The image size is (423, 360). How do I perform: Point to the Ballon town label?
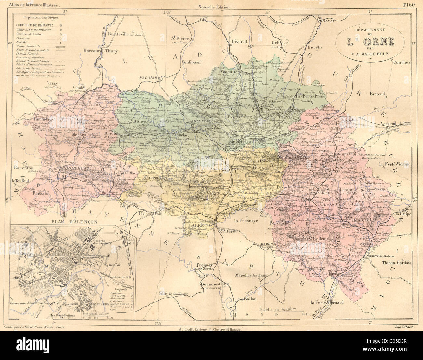click(x=250, y=299)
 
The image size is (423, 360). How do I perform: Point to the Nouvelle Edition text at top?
click(x=215, y=7)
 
